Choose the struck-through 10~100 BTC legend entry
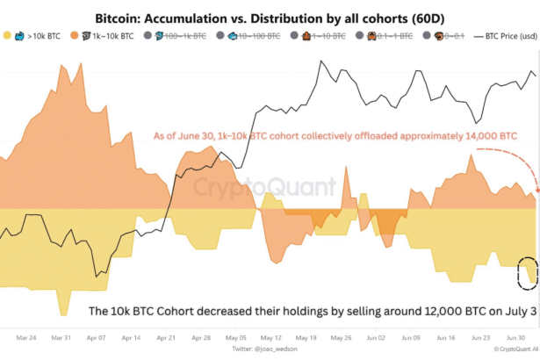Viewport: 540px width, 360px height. pyautogui.click(x=253, y=38)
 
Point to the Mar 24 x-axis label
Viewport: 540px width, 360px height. pyautogui.click(x=26, y=337)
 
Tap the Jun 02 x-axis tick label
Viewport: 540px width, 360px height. pyautogui.click(x=375, y=337)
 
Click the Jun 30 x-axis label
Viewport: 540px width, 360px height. pyautogui.click(x=514, y=337)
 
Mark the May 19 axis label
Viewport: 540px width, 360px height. pyautogui.click(x=306, y=337)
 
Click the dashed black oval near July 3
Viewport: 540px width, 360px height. pyautogui.click(x=527, y=273)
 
